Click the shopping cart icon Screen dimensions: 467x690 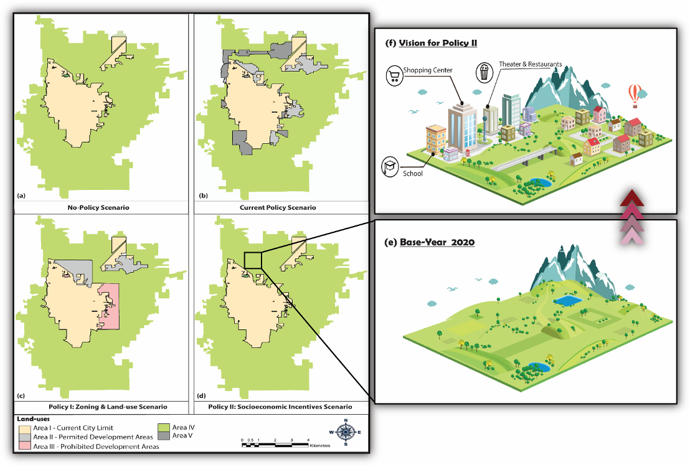coord(394,77)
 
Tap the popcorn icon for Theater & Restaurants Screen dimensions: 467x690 coord(484,72)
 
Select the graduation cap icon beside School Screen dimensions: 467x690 coord(390,166)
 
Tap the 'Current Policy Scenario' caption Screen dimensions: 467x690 coord(277,207)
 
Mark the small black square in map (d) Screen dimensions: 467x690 coord(253,260)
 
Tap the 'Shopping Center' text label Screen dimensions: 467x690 coord(427,70)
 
